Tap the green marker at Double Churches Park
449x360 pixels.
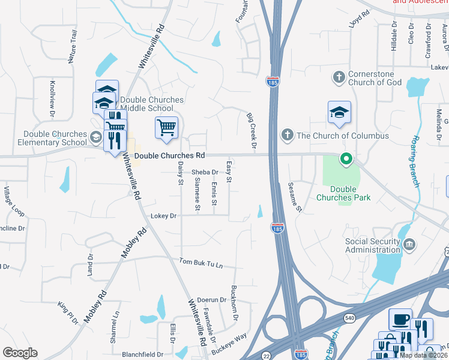[346, 160]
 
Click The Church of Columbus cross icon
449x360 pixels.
[288, 135]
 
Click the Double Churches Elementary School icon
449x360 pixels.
[95, 138]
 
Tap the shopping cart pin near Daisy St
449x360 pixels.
[166, 128]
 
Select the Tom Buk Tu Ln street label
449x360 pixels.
[201, 263]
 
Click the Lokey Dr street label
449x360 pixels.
[164, 216]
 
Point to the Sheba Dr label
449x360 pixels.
[205, 172]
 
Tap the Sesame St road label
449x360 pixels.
[295, 197]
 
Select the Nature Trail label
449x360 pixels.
[73, 46]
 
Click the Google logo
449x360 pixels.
[20, 353]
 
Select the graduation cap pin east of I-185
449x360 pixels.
[339, 113]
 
